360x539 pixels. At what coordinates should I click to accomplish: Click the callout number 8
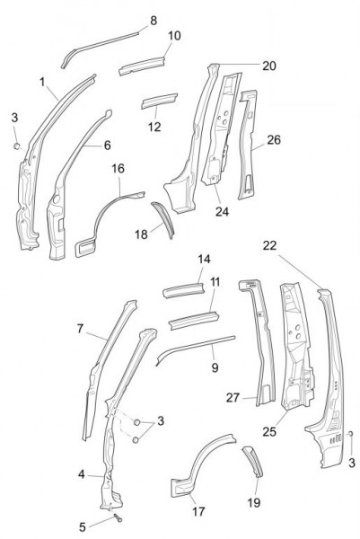click(x=154, y=21)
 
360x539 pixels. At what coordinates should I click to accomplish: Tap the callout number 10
click(x=174, y=35)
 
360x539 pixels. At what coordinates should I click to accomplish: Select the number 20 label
click(x=269, y=66)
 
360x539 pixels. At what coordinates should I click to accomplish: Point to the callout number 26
click(x=274, y=139)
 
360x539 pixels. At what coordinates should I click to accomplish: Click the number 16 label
click(x=118, y=169)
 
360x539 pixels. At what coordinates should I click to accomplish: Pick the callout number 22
click(x=269, y=245)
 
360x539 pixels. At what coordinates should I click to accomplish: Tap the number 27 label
click(x=233, y=398)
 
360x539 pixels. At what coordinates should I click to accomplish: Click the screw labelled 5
click(x=118, y=517)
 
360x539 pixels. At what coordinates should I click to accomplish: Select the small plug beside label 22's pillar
click(x=350, y=434)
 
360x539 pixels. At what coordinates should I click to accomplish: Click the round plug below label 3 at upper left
click(x=16, y=146)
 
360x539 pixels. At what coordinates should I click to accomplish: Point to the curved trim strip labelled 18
click(x=164, y=219)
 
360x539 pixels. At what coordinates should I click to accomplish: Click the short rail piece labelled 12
click(x=159, y=101)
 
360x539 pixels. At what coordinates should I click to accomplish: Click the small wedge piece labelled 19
click(x=252, y=462)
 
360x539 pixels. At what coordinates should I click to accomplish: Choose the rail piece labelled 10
click(x=142, y=66)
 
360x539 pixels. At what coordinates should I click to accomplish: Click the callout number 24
click(x=222, y=211)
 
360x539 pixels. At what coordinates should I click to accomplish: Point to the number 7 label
click(x=80, y=329)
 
